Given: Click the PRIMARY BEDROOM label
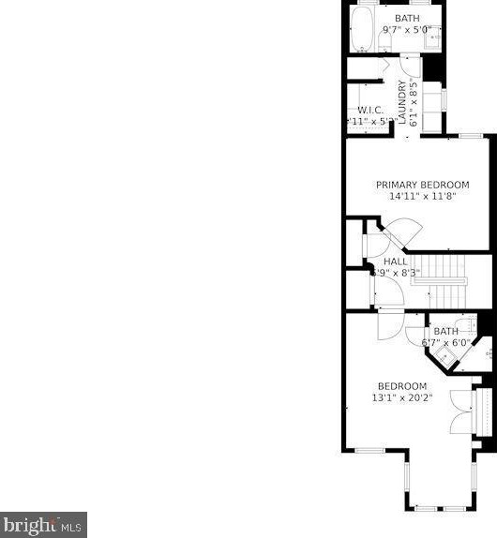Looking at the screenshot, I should (x=422, y=186).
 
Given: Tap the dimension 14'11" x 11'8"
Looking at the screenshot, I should (x=422, y=198).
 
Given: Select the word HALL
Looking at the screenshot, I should (x=396, y=262).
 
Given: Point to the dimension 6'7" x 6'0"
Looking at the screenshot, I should (x=445, y=343).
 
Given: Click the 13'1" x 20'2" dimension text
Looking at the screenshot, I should (x=402, y=397).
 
